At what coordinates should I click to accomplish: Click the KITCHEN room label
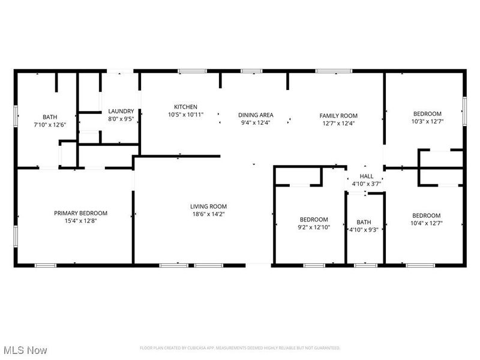point(185,107)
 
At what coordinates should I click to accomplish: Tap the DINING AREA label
point(256,115)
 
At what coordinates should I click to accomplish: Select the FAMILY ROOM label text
point(338,115)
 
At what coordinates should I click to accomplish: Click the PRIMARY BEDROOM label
point(80,213)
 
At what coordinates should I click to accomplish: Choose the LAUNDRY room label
point(121,111)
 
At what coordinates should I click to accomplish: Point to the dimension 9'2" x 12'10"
point(313,227)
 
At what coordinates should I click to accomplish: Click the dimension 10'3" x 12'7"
point(427,122)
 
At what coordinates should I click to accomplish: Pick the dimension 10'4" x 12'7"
point(426,224)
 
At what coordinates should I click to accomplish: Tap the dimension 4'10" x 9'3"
point(364,229)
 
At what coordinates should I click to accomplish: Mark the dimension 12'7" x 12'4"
point(338,123)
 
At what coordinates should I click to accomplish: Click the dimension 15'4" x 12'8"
point(80,221)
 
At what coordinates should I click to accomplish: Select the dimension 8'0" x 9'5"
point(121,119)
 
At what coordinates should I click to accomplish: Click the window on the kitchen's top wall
point(190,71)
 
